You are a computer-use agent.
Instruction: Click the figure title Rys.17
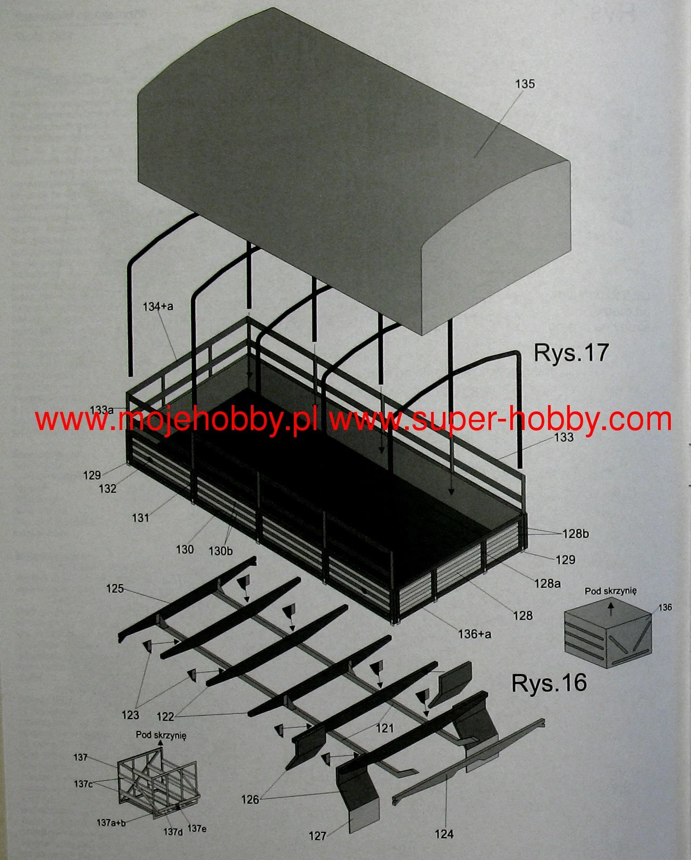point(571,353)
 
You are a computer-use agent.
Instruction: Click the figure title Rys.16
point(549,683)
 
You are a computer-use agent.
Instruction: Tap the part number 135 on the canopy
point(524,84)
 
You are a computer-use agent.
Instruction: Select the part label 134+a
point(158,307)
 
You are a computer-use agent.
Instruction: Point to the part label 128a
point(547,583)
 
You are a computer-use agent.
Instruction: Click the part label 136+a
point(475,634)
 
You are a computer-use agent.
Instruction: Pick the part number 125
point(115,588)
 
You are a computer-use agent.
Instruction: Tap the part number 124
point(444,834)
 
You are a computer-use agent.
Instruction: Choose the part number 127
point(317,836)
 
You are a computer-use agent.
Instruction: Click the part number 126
point(250,799)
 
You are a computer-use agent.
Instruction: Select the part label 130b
point(220,551)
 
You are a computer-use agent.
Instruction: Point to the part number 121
point(384,728)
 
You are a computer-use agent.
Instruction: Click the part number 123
point(130,715)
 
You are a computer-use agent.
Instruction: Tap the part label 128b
point(576,534)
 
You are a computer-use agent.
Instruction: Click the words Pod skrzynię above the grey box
point(610,591)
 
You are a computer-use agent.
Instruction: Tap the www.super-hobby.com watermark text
point(500,420)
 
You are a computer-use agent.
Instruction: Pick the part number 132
point(107,488)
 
